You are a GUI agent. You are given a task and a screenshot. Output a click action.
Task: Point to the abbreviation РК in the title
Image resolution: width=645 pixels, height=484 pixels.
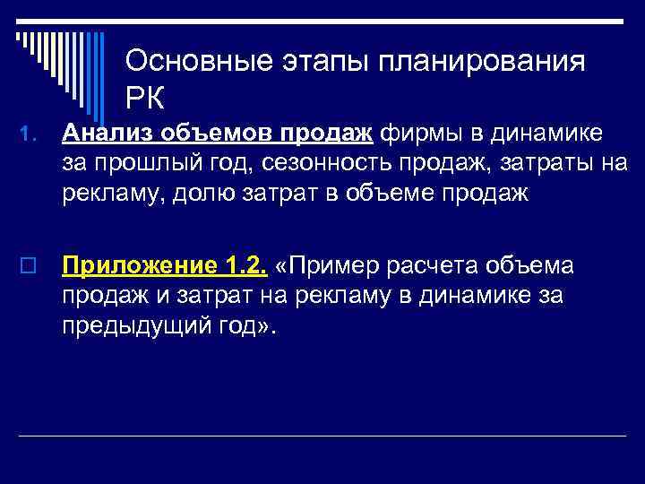[147, 95]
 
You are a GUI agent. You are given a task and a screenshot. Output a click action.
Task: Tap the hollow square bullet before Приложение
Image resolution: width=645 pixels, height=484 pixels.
[28, 267]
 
